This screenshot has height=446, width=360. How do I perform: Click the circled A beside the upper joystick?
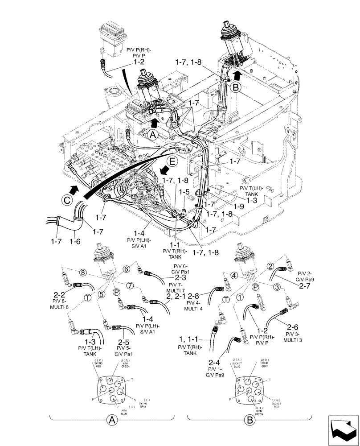pos(152,133)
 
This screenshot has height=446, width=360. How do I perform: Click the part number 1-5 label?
pos(183,192)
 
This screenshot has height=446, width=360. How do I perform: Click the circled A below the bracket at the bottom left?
pos(111,420)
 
